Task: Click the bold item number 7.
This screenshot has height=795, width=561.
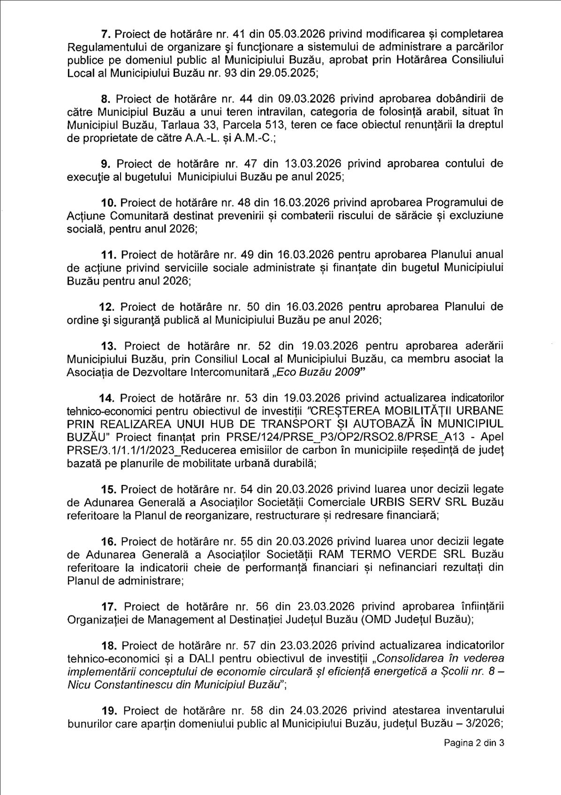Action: click(106, 34)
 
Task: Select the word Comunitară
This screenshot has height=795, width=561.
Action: click(141, 216)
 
